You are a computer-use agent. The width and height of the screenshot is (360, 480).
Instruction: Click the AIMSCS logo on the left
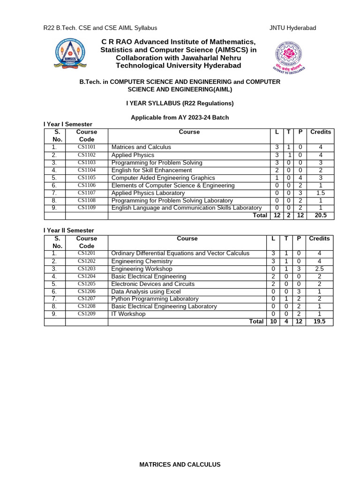71,53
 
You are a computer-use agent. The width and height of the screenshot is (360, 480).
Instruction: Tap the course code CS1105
86,178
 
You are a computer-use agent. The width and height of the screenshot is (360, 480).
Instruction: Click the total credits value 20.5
321,215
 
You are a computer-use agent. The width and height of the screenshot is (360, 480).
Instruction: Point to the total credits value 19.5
319,322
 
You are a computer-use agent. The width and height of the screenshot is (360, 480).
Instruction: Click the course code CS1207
86,299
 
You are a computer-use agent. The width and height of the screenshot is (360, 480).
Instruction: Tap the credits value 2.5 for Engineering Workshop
319,269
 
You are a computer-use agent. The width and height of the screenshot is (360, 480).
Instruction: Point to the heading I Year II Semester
69,230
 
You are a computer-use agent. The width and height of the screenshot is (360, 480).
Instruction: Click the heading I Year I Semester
68,124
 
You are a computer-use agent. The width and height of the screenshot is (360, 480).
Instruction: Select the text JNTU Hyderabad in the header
292,28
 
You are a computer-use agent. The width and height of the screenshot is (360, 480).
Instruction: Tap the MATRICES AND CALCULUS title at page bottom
180,465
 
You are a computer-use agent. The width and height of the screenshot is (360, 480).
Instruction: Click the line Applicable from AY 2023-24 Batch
180,117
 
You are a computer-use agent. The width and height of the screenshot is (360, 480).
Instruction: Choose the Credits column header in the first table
321,132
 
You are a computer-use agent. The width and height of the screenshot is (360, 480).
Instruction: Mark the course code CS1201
86,254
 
